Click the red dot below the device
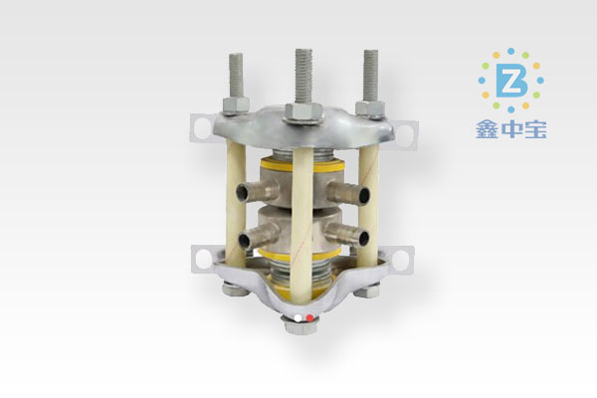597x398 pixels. (x=309, y=317)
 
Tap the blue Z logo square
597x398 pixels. (x=511, y=81)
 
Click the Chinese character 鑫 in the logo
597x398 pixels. (x=487, y=129)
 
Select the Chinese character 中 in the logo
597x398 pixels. (x=511, y=129)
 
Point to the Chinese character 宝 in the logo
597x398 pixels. (x=535, y=129)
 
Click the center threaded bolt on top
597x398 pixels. (x=303, y=77)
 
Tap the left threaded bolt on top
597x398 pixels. (x=236, y=76)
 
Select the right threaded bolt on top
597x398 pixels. (x=370, y=76)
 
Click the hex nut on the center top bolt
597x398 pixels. (x=303, y=112)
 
